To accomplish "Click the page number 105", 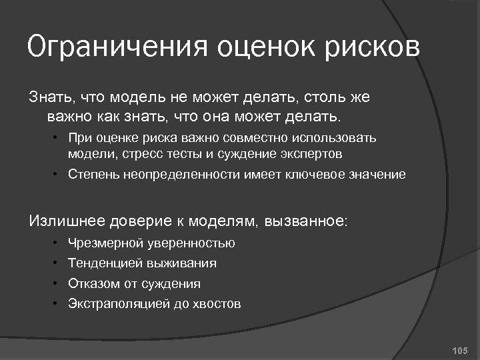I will click(460, 350).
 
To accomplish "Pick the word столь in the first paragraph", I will click(319, 98).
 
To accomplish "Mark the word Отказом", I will click(94, 283).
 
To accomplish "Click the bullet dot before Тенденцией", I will click(57, 263).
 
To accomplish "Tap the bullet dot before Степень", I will click(57, 175).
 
